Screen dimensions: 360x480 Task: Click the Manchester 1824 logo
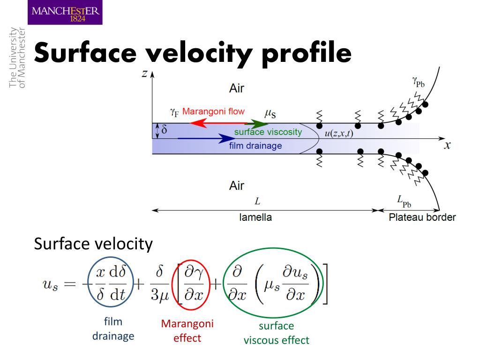(x=65, y=12)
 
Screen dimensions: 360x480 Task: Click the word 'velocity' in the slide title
(x=200, y=53)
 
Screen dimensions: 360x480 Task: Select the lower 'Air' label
(x=237, y=186)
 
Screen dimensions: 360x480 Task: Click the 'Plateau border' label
(x=422, y=217)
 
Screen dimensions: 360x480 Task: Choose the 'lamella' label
(x=255, y=217)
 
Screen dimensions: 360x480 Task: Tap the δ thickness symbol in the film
(x=164, y=130)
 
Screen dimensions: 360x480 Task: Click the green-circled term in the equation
(x=272, y=285)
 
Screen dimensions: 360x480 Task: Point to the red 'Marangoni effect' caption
(x=187, y=330)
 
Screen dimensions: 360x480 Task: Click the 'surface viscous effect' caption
(x=276, y=333)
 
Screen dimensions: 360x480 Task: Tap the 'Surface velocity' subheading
(x=93, y=244)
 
